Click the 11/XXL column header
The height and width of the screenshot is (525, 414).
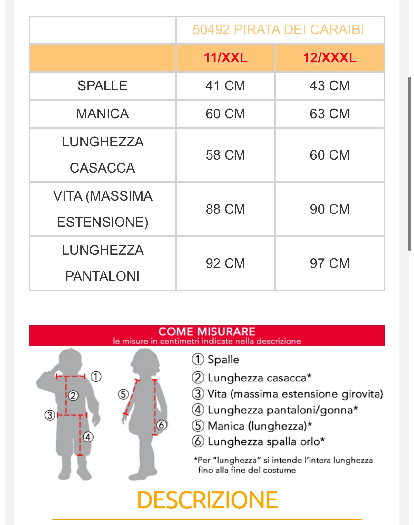point(225,58)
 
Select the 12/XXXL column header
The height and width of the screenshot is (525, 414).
point(330,58)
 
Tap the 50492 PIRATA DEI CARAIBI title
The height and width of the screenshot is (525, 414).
point(278,30)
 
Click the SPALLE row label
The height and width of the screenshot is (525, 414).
point(103,86)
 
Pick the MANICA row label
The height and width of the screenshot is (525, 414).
point(103,114)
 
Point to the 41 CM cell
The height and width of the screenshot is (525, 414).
point(225,86)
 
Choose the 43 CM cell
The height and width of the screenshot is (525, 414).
point(330,86)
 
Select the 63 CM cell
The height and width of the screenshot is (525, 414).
point(330,114)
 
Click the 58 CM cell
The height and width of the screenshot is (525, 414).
point(225,155)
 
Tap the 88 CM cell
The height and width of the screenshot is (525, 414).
point(225,209)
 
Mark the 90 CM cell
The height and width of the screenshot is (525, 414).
point(330,209)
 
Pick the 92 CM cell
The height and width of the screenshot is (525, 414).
point(225,263)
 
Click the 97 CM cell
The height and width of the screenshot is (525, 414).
point(330,263)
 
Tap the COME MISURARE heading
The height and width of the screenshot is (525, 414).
point(207,332)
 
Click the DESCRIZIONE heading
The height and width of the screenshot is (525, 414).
point(207,500)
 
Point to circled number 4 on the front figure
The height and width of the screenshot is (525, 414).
point(88,437)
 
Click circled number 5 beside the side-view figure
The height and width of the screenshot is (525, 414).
point(123,394)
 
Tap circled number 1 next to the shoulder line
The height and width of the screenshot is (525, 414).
point(96,376)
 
